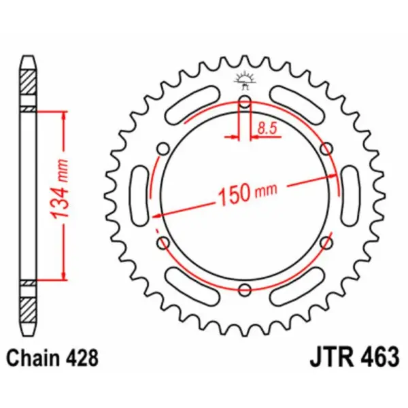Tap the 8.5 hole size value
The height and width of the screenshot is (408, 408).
click(267, 126)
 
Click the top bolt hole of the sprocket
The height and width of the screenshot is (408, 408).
click(245, 103)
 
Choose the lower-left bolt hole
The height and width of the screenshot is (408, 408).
click(163, 242)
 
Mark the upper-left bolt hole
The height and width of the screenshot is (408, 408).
click(163, 149)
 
